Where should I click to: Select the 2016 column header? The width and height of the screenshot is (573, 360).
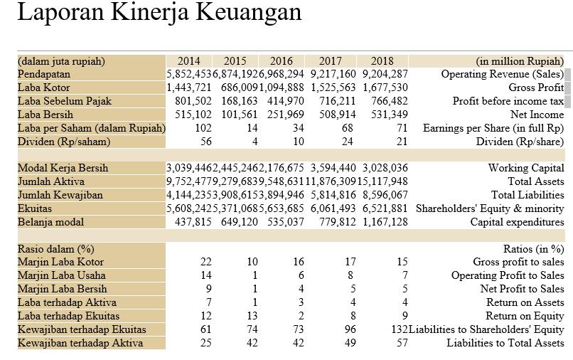point(282,61)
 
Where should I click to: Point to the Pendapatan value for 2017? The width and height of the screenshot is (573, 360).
point(333,74)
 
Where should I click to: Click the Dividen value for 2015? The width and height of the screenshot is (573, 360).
point(254,142)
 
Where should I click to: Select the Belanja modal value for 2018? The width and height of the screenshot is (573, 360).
point(384,222)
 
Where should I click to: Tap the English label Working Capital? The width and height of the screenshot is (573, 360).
point(526,168)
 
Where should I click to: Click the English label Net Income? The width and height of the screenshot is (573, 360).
point(537,115)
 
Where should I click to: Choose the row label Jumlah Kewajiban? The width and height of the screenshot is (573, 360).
point(60,195)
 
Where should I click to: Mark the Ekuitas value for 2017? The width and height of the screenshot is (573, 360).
point(333,208)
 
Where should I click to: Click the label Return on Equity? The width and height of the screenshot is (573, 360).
point(525,316)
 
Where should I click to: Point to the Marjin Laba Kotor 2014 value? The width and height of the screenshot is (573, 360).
point(206,262)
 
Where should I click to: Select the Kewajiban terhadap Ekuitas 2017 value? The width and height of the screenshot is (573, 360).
point(349,329)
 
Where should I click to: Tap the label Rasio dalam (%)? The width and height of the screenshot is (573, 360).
point(55,249)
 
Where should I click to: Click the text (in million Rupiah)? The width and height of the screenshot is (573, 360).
point(520,61)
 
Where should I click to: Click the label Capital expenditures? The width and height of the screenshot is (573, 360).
point(517,222)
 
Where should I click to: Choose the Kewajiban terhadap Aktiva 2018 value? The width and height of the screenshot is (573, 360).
point(402,343)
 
